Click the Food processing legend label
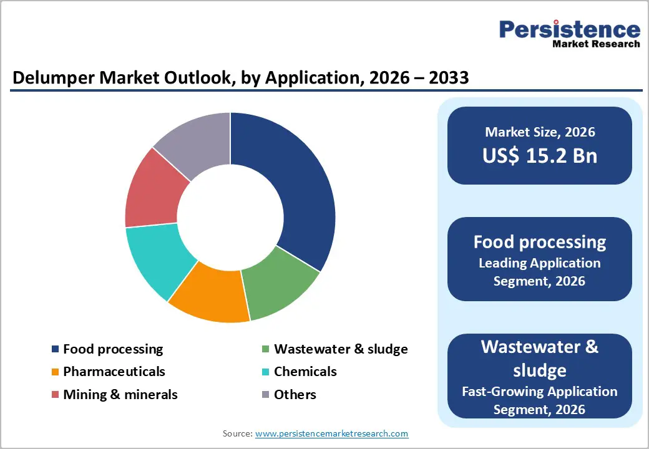(113, 349)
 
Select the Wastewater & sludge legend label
(341, 349)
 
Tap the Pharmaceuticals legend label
(114, 372)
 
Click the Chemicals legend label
(305, 372)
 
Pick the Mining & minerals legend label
(120, 395)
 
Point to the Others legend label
(295, 395)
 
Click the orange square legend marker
(56, 372)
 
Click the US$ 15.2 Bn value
(539, 155)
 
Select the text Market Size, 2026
(539, 132)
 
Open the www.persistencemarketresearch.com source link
(331, 433)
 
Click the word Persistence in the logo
(569, 29)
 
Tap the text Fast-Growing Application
(539, 392)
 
